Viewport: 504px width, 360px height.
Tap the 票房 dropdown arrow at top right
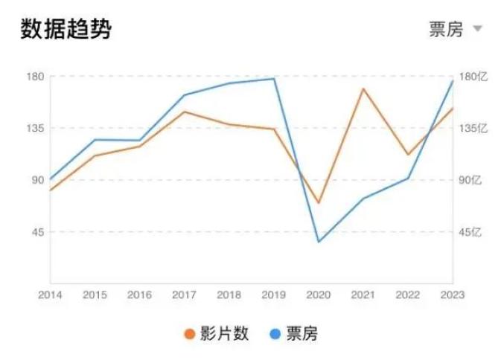478,29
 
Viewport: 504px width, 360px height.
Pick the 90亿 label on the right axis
471,180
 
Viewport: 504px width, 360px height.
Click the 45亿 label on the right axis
471,232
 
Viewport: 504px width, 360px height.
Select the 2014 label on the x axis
50,295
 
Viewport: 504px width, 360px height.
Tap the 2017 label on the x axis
184,295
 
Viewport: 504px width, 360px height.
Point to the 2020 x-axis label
318,295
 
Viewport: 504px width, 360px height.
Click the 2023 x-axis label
452,295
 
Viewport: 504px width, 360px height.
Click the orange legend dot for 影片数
190,334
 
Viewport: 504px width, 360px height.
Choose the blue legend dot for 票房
275,334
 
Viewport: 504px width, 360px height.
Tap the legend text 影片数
224,334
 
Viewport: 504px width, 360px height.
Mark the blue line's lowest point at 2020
318,242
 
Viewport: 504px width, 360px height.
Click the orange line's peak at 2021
363,89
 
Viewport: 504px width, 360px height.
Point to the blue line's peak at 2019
274,79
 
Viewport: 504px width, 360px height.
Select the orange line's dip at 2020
318,202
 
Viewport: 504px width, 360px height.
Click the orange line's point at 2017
184,112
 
